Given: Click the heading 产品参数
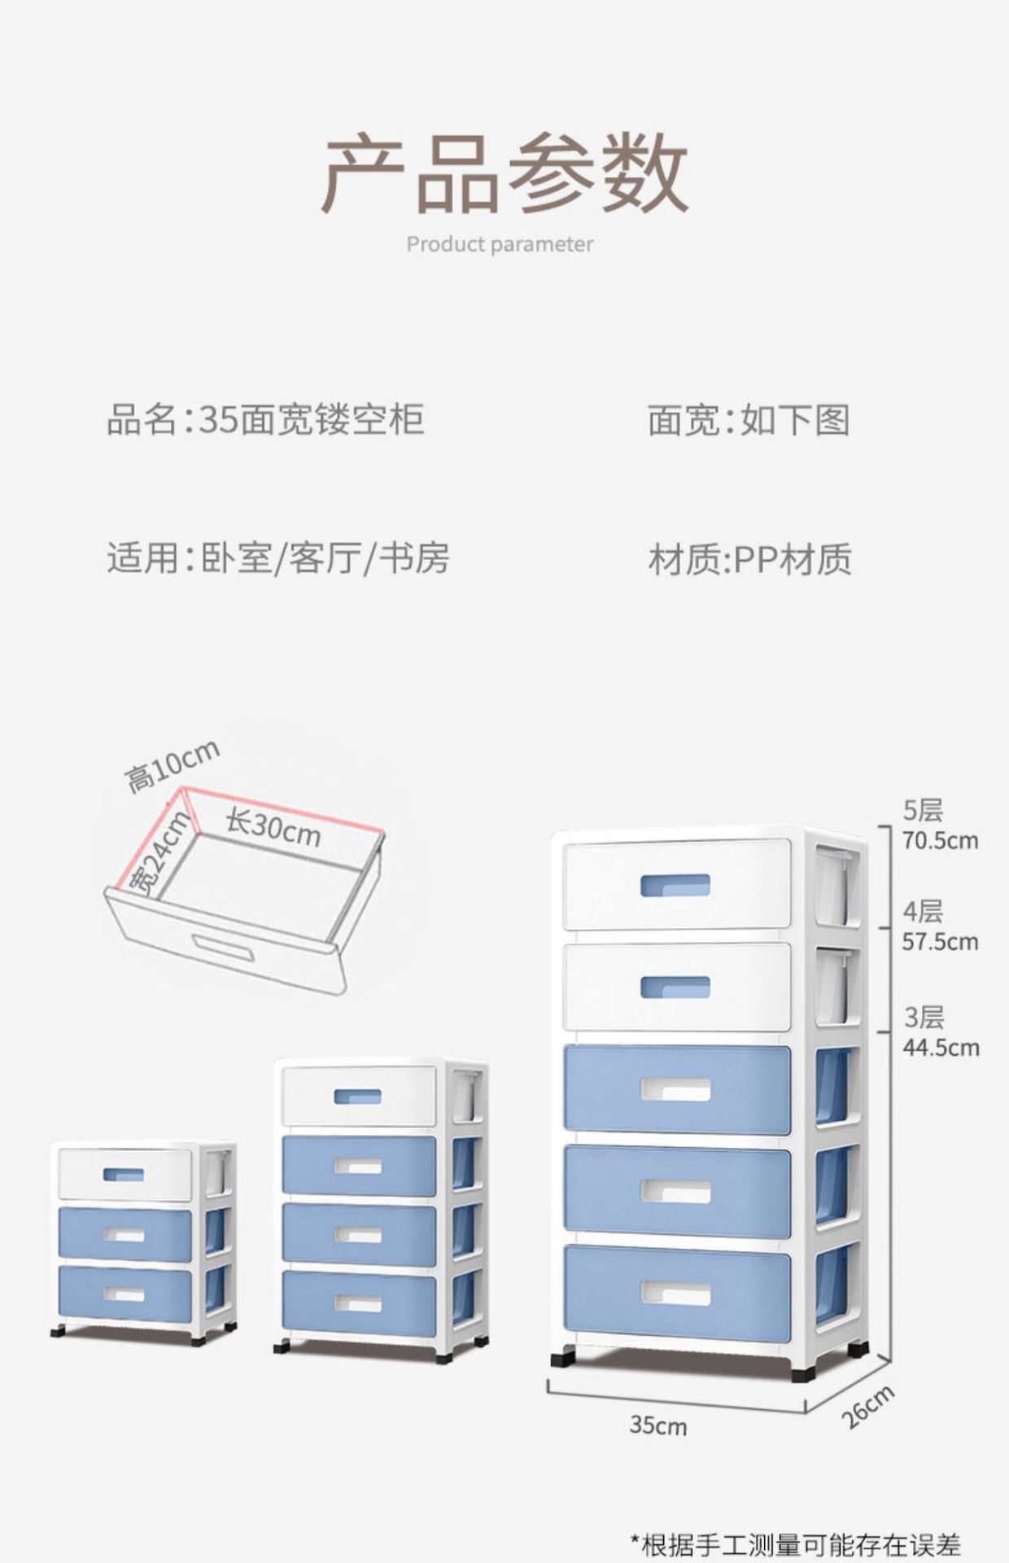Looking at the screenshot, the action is [504, 173].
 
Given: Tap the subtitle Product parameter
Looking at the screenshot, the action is [500, 244].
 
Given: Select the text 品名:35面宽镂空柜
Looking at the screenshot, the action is [265, 420].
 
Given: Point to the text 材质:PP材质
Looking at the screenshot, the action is [749, 560].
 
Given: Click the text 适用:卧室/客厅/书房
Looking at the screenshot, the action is [277, 558].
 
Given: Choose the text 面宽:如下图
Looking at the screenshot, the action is [749, 420].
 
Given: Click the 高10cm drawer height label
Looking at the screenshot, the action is [172, 765].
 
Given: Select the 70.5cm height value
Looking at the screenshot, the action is [940, 841].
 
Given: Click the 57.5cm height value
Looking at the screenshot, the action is [940, 942].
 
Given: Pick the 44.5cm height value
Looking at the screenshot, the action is [941, 1047].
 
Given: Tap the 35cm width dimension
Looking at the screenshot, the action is [657, 1425].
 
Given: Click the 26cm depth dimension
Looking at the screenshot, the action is [867, 1406].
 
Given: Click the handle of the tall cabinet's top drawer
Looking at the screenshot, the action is [675, 885].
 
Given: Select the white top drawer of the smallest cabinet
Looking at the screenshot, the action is [124, 1174].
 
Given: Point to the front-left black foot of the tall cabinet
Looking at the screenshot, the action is [562, 1358].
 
